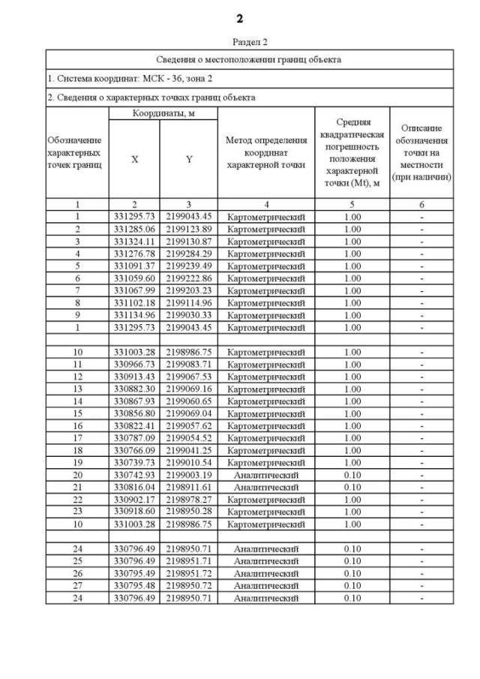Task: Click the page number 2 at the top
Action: pyautogui.click(x=239, y=17)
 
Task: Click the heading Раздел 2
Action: pyautogui.click(x=239, y=43)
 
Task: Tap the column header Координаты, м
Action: pyautogui.click(x=163, y=113)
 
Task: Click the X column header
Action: pyautogui.click(x=135, y=159)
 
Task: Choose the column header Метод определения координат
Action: pyautogui.click(x=266, y=153)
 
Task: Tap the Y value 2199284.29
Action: pyautogui.click(x=189, y=253)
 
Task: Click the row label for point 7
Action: pyautogui.click(x=77, y=290)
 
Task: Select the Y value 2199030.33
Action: pyautogui.click(x=189, y=314)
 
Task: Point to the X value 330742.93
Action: pyautogui.click(x=135, y=474)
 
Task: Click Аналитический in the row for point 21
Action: pyautogui.click(x=266, y=486)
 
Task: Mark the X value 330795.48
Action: pyautogui.click(x=135, y=585)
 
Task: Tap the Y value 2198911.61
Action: pyautogui.click(x=189, y=486)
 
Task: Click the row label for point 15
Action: pyautogui.click(x=77, y=413)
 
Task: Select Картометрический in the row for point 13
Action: pyautogui.click(x=266, y=388)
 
